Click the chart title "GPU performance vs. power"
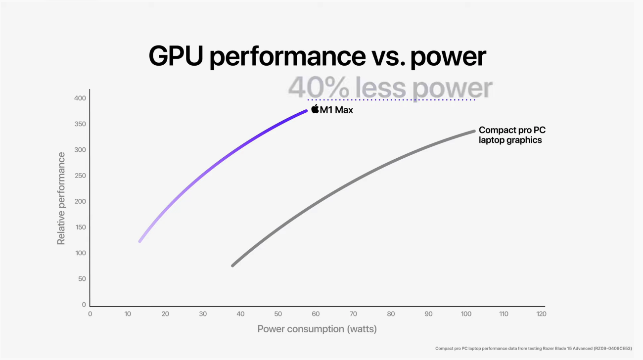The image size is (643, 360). pyautogui.click(x=317, y=57)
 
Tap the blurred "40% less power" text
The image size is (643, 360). pyautogui.click(x=390, y=88)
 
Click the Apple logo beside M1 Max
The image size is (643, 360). pyautogui.click(x=315, y=109)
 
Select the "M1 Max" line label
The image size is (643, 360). pyautogui.click(x=336, y=110)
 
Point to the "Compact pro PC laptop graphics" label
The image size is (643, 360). pyautogui.click(x=512, y=135)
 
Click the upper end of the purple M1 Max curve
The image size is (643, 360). pyautogui.click(x=306, y=111)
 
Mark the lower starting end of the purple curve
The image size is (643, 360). pyautogui.click(x=140, y=241)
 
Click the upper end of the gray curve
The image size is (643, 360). pyautogui.click(x=474, y=131)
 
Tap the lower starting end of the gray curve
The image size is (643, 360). pyautogui.click(x=232, y=266)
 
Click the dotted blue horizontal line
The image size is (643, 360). pyautogui.click(x=391, y=100)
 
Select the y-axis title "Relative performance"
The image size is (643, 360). pyautogui.click(x=61, y=198)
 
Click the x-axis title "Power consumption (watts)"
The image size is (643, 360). pyautogui.click(x=317, y=329)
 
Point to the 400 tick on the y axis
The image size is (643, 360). pyautogui.click(x=80, y=98)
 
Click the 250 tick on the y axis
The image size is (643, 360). pyautogui.click(x=80, y=176)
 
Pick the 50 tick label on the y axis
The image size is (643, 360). pyautogui.click(x=82, y=279)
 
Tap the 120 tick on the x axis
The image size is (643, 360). pyautogui.click(x=541, y=314)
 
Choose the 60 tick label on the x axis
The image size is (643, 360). pyautogui.click(x=316, y=314)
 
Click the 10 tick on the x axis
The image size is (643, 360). pyautogui.click(x=128, y=314)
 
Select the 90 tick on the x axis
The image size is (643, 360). pyautogui.click(x=428, y=314)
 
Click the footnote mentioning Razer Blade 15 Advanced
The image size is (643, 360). pyautogui.click(x=533, y=349)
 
